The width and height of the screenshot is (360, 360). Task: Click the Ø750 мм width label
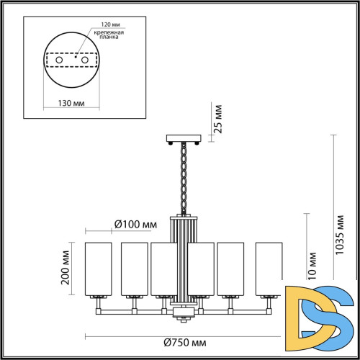(x=181, y=343)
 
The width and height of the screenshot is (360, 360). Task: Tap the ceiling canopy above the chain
(x=182, y=138)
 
